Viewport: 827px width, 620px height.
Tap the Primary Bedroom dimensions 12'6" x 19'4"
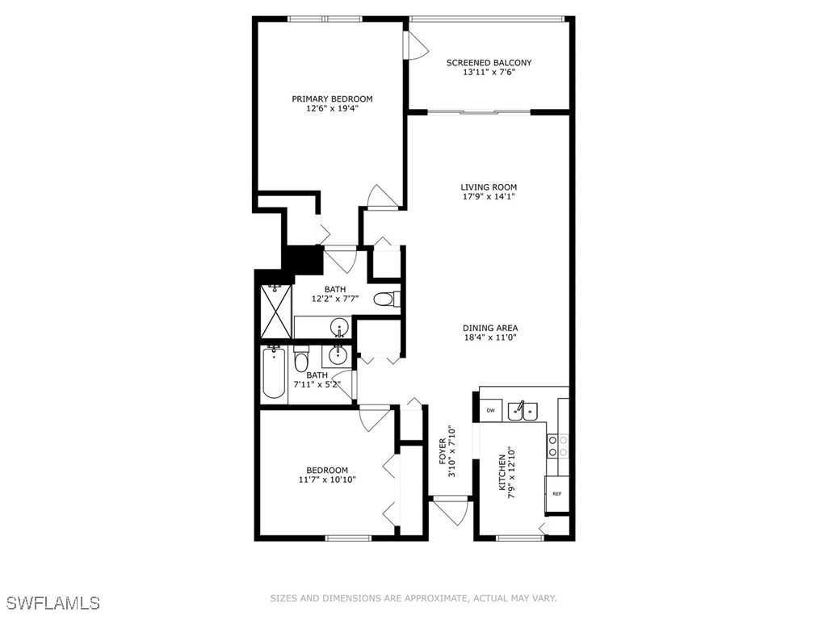point(332,108)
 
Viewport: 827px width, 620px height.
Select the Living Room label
point(489,187)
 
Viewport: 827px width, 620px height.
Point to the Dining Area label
point(489,328)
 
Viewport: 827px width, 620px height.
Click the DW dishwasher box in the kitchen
point(490,411)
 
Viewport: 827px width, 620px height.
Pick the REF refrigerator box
point(557,493)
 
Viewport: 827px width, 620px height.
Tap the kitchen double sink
point(523,411)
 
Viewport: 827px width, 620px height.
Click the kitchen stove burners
point(558,446)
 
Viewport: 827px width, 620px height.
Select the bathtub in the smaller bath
point(274,372)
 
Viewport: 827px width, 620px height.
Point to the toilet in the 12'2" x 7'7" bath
point(385,300)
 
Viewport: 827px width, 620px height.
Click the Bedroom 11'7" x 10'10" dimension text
point(326,480)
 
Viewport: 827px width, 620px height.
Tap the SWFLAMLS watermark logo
point(52,602)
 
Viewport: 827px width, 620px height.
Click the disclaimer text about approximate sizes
point(413,598)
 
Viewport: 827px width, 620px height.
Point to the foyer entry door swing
point(451,510)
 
